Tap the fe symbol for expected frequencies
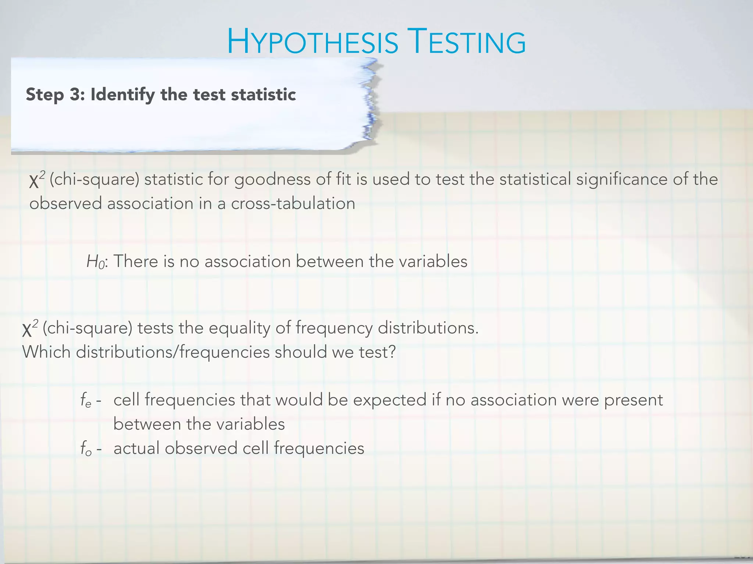pos(86,400)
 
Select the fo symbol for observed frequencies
pos(86,449)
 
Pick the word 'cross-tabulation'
pos(293,204)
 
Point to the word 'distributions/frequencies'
pos(173,352)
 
